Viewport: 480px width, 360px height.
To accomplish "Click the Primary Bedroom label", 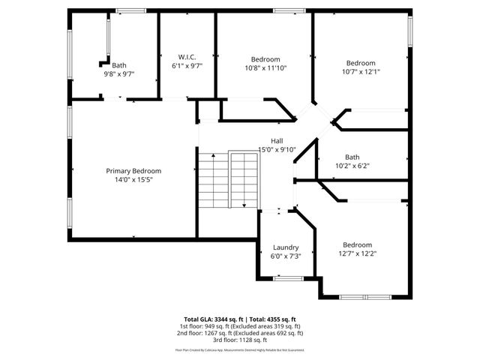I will coord(133,171).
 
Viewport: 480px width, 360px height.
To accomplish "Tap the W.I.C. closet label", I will coord(187,57).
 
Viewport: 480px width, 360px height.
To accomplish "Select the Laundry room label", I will coord(286,247).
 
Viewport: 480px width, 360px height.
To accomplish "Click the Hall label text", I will coord(277,140).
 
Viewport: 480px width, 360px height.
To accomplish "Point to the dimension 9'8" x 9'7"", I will coord(118,73).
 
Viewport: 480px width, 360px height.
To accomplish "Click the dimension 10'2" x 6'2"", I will coord(352,166).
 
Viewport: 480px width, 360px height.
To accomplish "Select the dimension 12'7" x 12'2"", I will coord(357,253).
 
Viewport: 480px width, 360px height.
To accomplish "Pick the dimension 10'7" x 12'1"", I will coord(361,72).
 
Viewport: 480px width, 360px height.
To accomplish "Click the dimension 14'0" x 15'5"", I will coord(133,180).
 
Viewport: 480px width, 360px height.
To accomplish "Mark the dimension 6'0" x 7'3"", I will coord(286,256).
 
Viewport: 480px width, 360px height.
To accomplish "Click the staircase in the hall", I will coord(228,180).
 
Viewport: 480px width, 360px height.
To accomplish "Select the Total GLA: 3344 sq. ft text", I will coord(213,319).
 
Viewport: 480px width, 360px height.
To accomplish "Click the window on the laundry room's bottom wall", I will coord(288,278).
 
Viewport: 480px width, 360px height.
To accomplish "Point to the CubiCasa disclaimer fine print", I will coord(240,349).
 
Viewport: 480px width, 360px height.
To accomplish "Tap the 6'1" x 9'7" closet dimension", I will coord(187,66).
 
